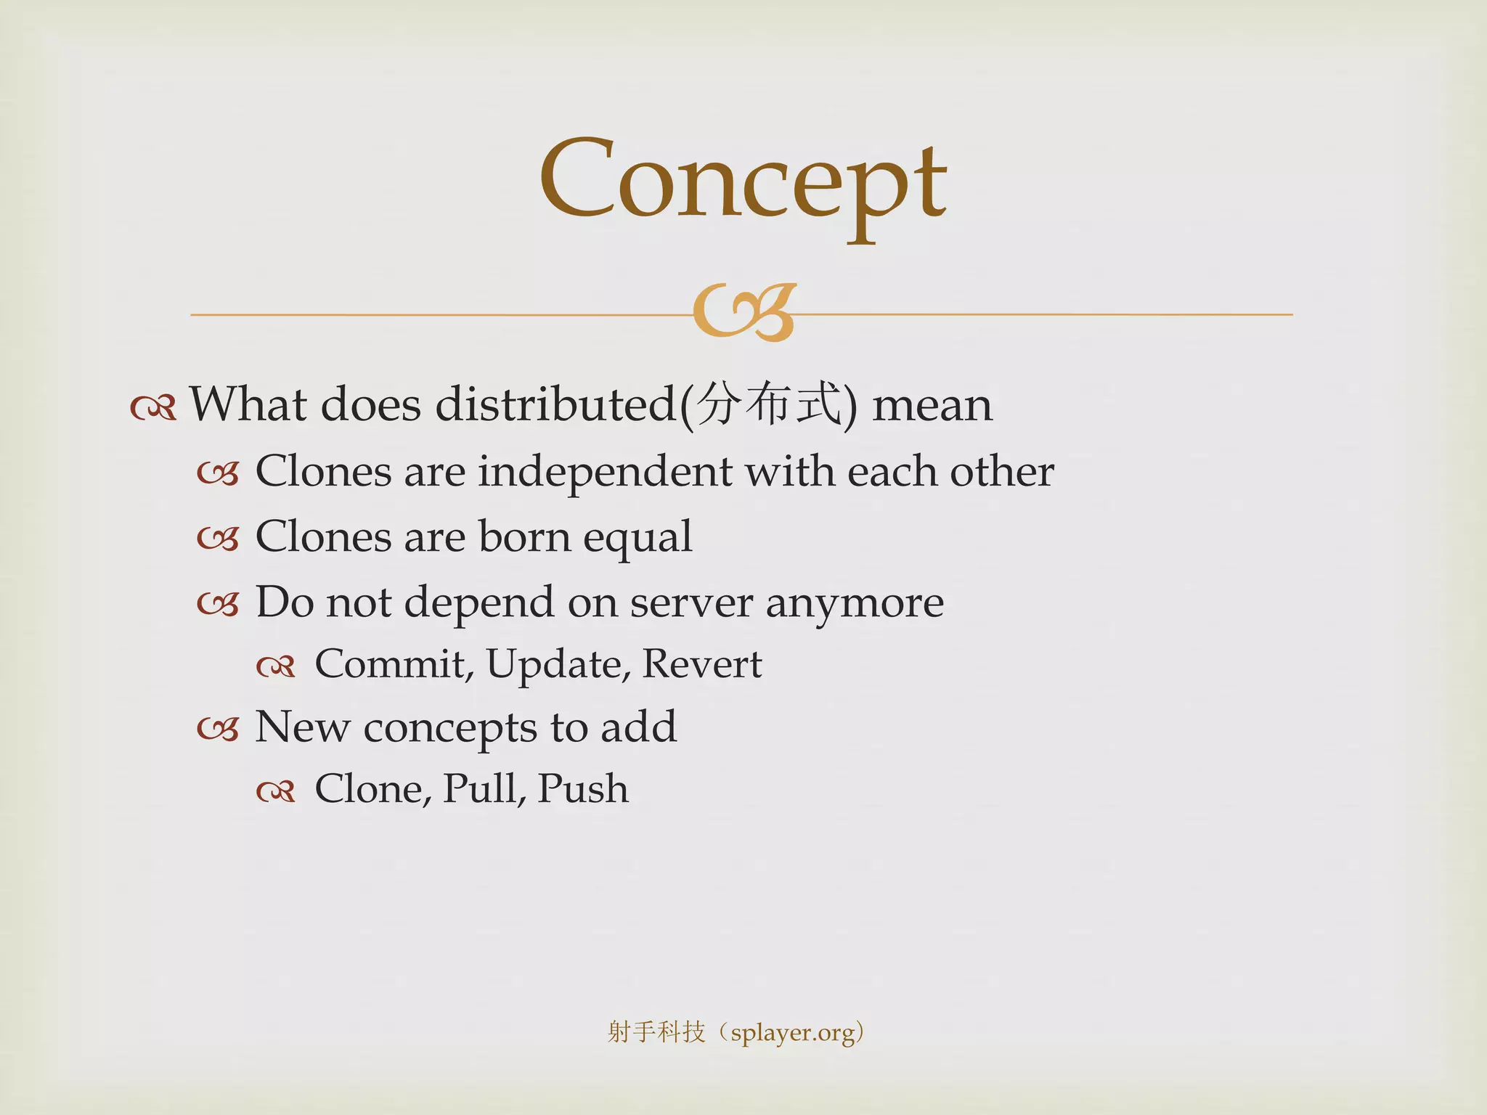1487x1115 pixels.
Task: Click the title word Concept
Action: (742, 181)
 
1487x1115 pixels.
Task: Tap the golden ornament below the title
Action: (744, 313)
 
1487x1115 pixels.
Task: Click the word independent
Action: (605, 472)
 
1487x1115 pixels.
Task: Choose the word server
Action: (690, 603)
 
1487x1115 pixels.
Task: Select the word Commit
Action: (393, 664)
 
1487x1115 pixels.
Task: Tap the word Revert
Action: (702, 664)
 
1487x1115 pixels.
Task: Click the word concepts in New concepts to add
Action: (449, 728)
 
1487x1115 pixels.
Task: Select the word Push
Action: (583, 789)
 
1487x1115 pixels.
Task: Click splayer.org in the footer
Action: (792, 1032)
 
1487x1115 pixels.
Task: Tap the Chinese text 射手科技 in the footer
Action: (656, 1032)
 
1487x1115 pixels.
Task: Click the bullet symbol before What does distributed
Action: (153, 408)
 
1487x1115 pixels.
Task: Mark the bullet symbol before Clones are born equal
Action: (218, 539)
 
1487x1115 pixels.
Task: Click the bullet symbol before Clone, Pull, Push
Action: (276, 791)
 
